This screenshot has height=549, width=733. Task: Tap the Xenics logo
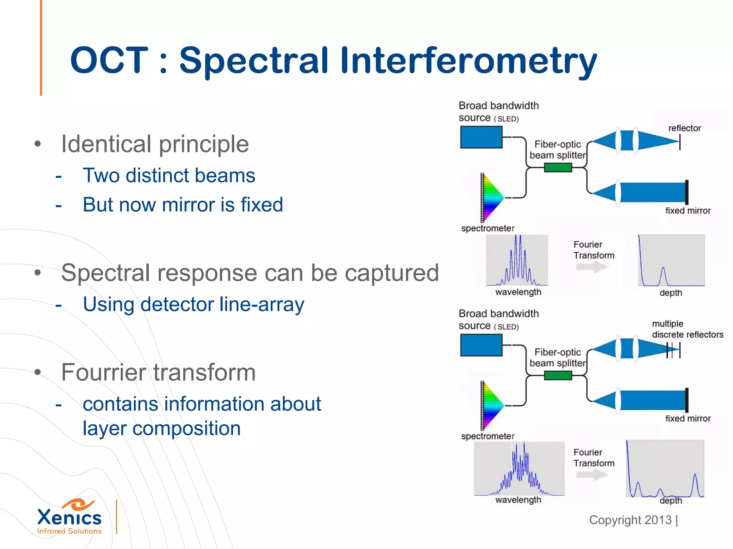pyautogui.click(x=69, y=517)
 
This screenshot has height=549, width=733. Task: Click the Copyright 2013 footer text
pyautogui.click(x=630, y=520)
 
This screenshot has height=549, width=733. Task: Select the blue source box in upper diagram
pyautogui.click(x=481, y=138)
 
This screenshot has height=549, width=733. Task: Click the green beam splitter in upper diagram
pyautogui.click(x=558, y=167)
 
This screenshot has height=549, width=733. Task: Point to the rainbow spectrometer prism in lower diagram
pyautogui.click(x=492, y=405)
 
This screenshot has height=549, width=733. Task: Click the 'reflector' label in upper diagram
pyautogui.click(x=684, y=128)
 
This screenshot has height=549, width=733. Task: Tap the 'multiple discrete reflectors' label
pyautogui.click(x=687, y=329)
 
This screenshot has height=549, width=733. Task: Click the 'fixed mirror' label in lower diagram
pyautogui.click(x=688, y=419)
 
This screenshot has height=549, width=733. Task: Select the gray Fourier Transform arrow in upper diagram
pyautogui.click(x=592, y=267)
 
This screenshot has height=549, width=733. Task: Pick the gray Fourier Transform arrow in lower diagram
pyautogui.click(x=592, y=475)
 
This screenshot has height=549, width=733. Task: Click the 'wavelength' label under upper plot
pyautogui.click(x=518, y=292)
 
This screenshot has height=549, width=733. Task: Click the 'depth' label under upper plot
pyautogui.click(x=670, y=293)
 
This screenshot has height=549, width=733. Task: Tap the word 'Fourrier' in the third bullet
pyautogui.click(x=104, y=372)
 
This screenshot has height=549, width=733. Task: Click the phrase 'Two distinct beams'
pyautogui.click(x=169, y=175)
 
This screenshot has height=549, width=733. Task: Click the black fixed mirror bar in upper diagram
pyautogui.click(x=686, y=192)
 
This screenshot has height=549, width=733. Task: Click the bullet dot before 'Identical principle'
pyautogui.click(x=38, y=144)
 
